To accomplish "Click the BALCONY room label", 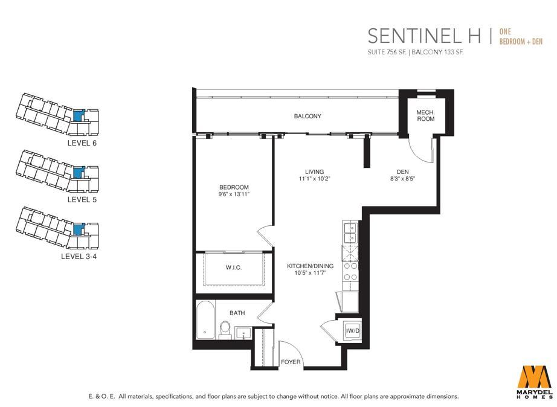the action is pos(307,116).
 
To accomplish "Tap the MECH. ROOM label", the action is pos(425,115).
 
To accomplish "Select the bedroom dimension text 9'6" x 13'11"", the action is pos(234,194).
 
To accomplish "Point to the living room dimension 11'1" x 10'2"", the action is pos(314,179).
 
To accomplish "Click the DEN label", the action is pos(402,172).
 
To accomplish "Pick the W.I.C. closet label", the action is pos(234,268).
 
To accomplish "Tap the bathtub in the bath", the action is pos(205,320).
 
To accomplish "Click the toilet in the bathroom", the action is pos(225,329).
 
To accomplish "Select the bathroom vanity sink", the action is pos(243,333).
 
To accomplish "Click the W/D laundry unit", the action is pos(352,331).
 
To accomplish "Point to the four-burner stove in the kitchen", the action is pos(350,272).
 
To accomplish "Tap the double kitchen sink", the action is pos(350,232).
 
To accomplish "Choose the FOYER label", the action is pos(291,362).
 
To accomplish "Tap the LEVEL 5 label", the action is pos(82,200).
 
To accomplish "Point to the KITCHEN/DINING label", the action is pos(310,266).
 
